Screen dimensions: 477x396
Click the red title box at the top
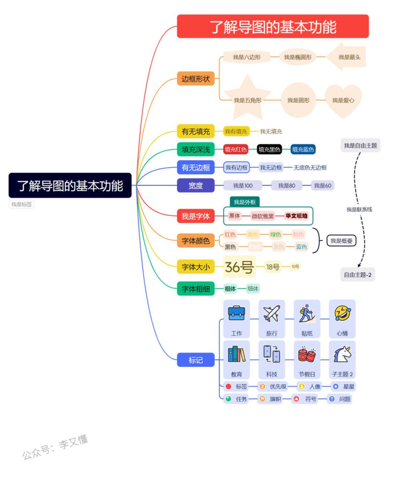pyautogui.click(x=273, y=26)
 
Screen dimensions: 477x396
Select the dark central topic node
pyautogui.click(x=70, y=185)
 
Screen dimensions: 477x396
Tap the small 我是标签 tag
pyautogui.click(x=21, y=204)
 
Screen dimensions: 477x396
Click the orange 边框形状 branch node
pyautogui.click(x=195, y=79)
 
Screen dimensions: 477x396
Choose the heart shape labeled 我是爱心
pyautogui.click(x=343, y=100)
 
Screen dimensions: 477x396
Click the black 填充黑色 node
pyautogui.click(x=269, y=150)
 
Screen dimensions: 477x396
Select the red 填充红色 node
pyautogui.click(x=235, y=150)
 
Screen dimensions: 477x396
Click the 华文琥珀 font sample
pyautogui.click(x=296, y=216)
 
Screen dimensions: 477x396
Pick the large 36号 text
pyautogui.click(x=239, y=267)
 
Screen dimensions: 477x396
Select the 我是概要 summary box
pyautogui.click(x=341, y=241)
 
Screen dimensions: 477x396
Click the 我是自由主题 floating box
pyautogui.click(x=361, y=145)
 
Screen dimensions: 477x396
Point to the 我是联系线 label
pyautogui.click(x=359, y=210)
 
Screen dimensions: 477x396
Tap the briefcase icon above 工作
pyautogui.click(x=236, y=313)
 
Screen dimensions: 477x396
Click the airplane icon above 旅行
pyautogui.click(x=272, y=313)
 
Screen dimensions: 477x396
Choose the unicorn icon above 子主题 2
pyautogui.click(x=342, y=355)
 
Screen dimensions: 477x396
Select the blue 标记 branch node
pyautogui.click(x=195, y=360)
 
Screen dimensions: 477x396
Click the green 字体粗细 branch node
pyautogui.click(x=195, y=289)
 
